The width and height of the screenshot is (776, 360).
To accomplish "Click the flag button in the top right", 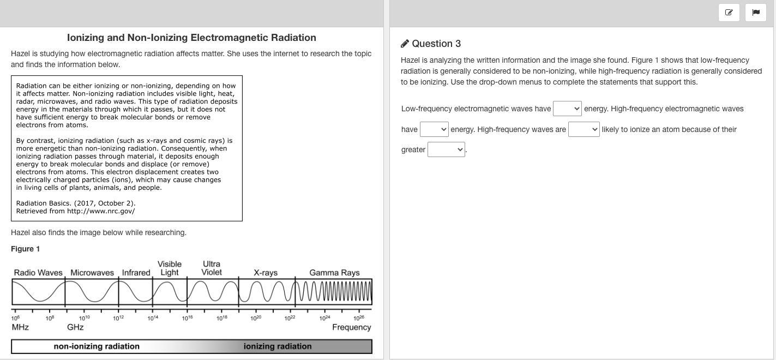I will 755,13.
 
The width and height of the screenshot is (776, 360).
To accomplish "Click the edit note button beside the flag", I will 729,13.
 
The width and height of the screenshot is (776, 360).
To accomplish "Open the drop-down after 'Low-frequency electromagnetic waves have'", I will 567,109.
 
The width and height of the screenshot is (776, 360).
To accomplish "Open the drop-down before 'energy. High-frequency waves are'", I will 434,129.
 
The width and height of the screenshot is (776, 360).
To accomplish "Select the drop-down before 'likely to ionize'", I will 583,129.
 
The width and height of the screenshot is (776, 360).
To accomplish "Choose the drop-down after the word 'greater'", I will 446,149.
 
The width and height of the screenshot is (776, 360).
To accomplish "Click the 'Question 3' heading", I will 436,44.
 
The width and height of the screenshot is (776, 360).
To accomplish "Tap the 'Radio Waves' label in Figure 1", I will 38,273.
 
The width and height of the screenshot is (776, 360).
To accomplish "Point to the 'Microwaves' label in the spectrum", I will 92,273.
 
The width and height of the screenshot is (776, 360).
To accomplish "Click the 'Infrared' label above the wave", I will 136,273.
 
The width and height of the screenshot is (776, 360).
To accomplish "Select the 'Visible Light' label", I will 170,268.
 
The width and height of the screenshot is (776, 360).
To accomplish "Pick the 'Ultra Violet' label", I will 212,268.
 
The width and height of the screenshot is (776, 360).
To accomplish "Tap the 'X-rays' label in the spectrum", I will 266,273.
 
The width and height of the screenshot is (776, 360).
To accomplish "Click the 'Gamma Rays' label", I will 334,273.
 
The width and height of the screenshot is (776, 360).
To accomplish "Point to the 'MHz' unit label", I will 20,327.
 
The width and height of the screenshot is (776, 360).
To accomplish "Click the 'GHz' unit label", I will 75,327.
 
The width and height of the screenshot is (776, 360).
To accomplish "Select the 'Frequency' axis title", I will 351,327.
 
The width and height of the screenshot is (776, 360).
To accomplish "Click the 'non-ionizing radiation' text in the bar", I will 97,346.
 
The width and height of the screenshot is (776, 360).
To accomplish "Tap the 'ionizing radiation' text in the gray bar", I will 278,346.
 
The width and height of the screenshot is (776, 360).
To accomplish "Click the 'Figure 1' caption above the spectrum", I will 26,249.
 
